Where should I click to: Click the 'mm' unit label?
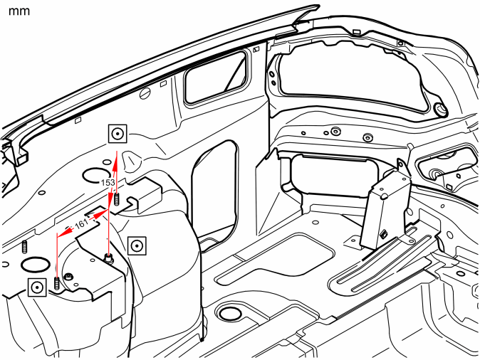click(19, 11)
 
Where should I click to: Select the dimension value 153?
click(108, 183)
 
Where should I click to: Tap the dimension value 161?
click(81, 224)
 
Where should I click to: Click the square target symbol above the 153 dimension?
click(118, 134)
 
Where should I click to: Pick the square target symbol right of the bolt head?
click(137, 245)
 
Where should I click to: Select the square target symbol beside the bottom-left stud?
click(37, 287)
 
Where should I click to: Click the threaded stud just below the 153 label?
click(116, 199)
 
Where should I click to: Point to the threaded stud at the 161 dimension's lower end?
click(57, 284)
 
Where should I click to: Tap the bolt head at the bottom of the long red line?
click(108, 258)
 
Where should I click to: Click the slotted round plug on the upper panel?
click(145, 93)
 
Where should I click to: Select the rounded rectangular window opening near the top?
click(216, 78)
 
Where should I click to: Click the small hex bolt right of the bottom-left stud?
click(68, 277)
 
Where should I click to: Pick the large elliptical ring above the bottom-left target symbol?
click(35, 265)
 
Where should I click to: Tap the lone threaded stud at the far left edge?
click(24, 247)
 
